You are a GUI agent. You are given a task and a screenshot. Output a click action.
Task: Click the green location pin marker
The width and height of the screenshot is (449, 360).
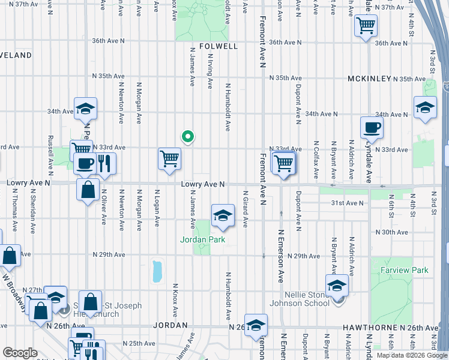click(188, 137)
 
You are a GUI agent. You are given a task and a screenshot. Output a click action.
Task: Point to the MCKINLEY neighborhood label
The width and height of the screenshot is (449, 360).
click(369, 79)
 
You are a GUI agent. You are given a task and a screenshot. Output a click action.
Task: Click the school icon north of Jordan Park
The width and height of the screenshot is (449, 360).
click(222, 215)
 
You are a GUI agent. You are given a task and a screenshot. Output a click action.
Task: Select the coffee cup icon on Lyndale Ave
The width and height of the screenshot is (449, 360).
click(371, 127)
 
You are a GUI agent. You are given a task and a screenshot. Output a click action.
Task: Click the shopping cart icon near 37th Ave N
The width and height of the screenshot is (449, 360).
click(366, 25)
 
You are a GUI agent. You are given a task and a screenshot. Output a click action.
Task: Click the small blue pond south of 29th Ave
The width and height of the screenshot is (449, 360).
click(157, 271)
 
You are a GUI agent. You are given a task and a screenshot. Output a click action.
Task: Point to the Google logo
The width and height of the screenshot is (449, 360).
click(20, 353)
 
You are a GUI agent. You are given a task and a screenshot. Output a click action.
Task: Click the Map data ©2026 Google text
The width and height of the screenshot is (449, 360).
click(411, 355)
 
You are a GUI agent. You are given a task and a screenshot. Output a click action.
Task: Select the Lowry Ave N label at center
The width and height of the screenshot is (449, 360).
click(203, 184)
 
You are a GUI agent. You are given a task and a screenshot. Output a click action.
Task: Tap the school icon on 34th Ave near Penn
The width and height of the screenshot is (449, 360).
click(85, 108)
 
